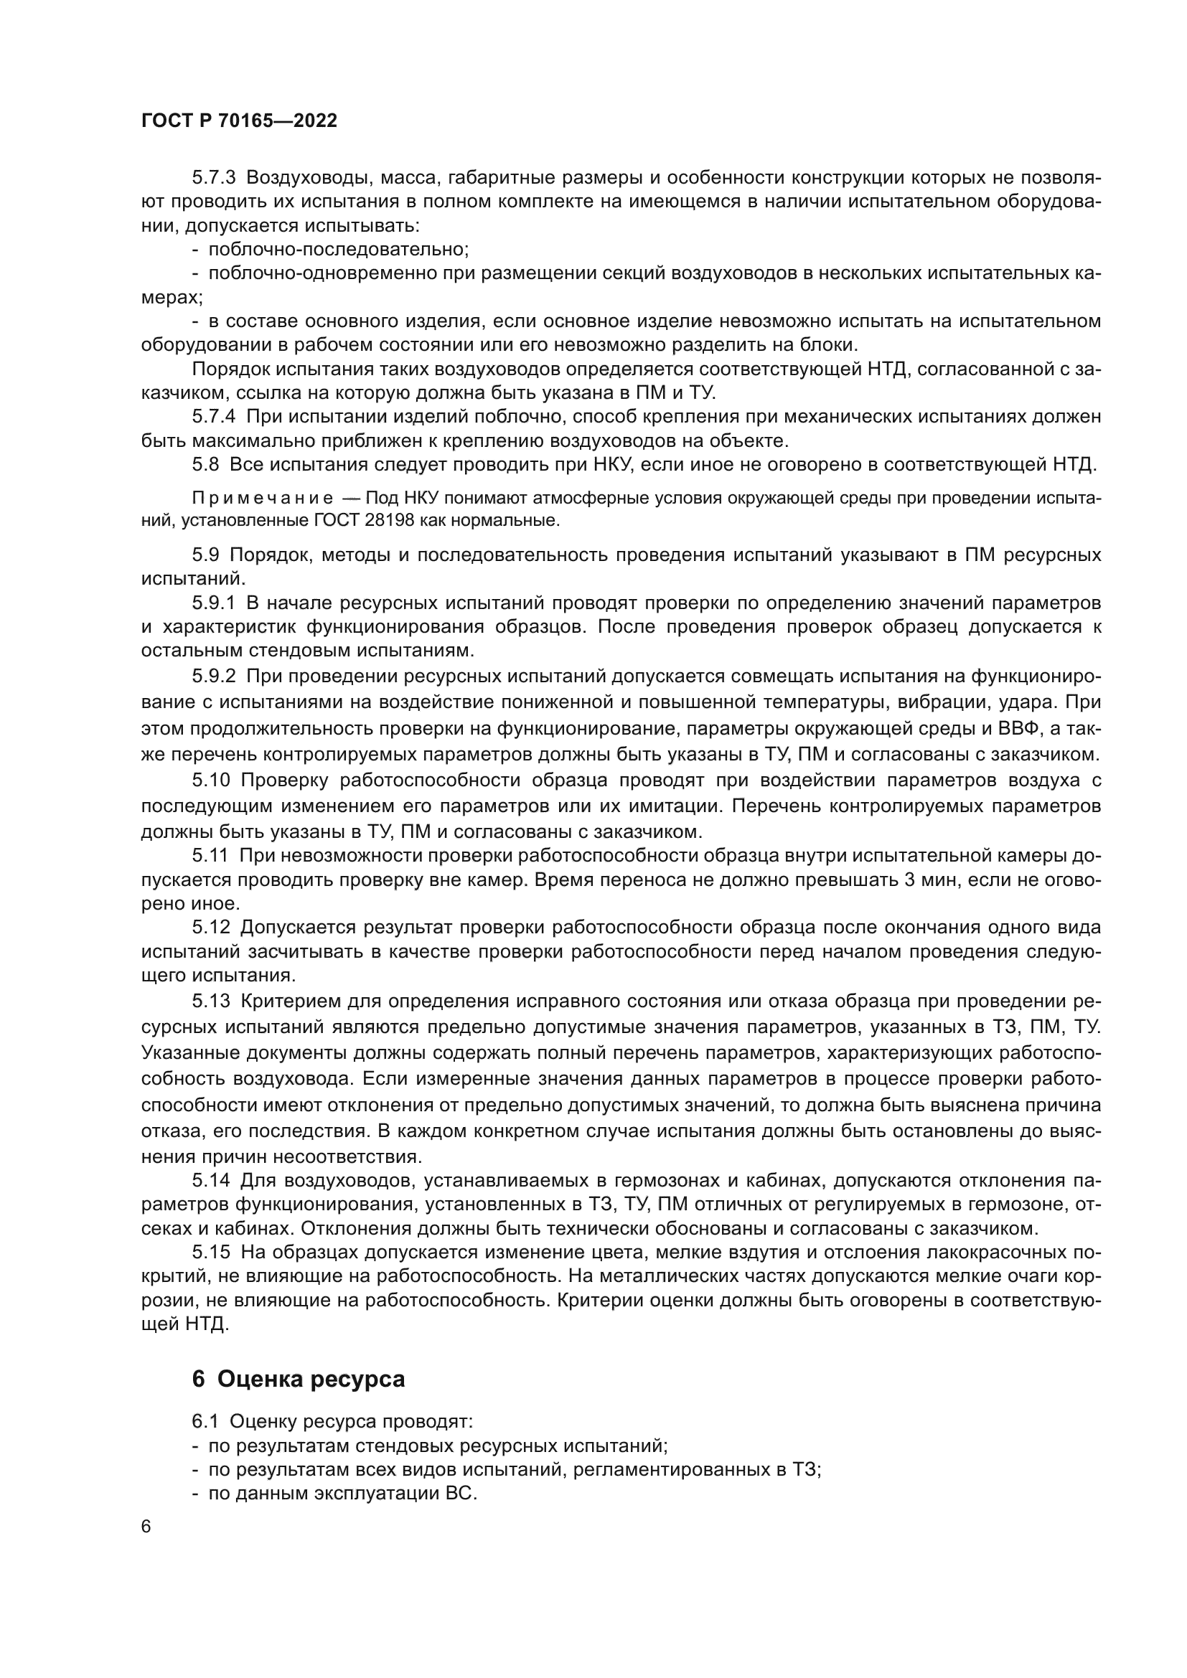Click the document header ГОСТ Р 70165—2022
point(239,121)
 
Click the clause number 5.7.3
point(213,178)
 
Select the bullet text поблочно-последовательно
point(339,249)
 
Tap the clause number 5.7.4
point(213,417)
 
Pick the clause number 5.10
point(211,780)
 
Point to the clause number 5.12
point(211,928)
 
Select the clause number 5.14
point(211,1179)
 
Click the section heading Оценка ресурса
point(311,1379)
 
